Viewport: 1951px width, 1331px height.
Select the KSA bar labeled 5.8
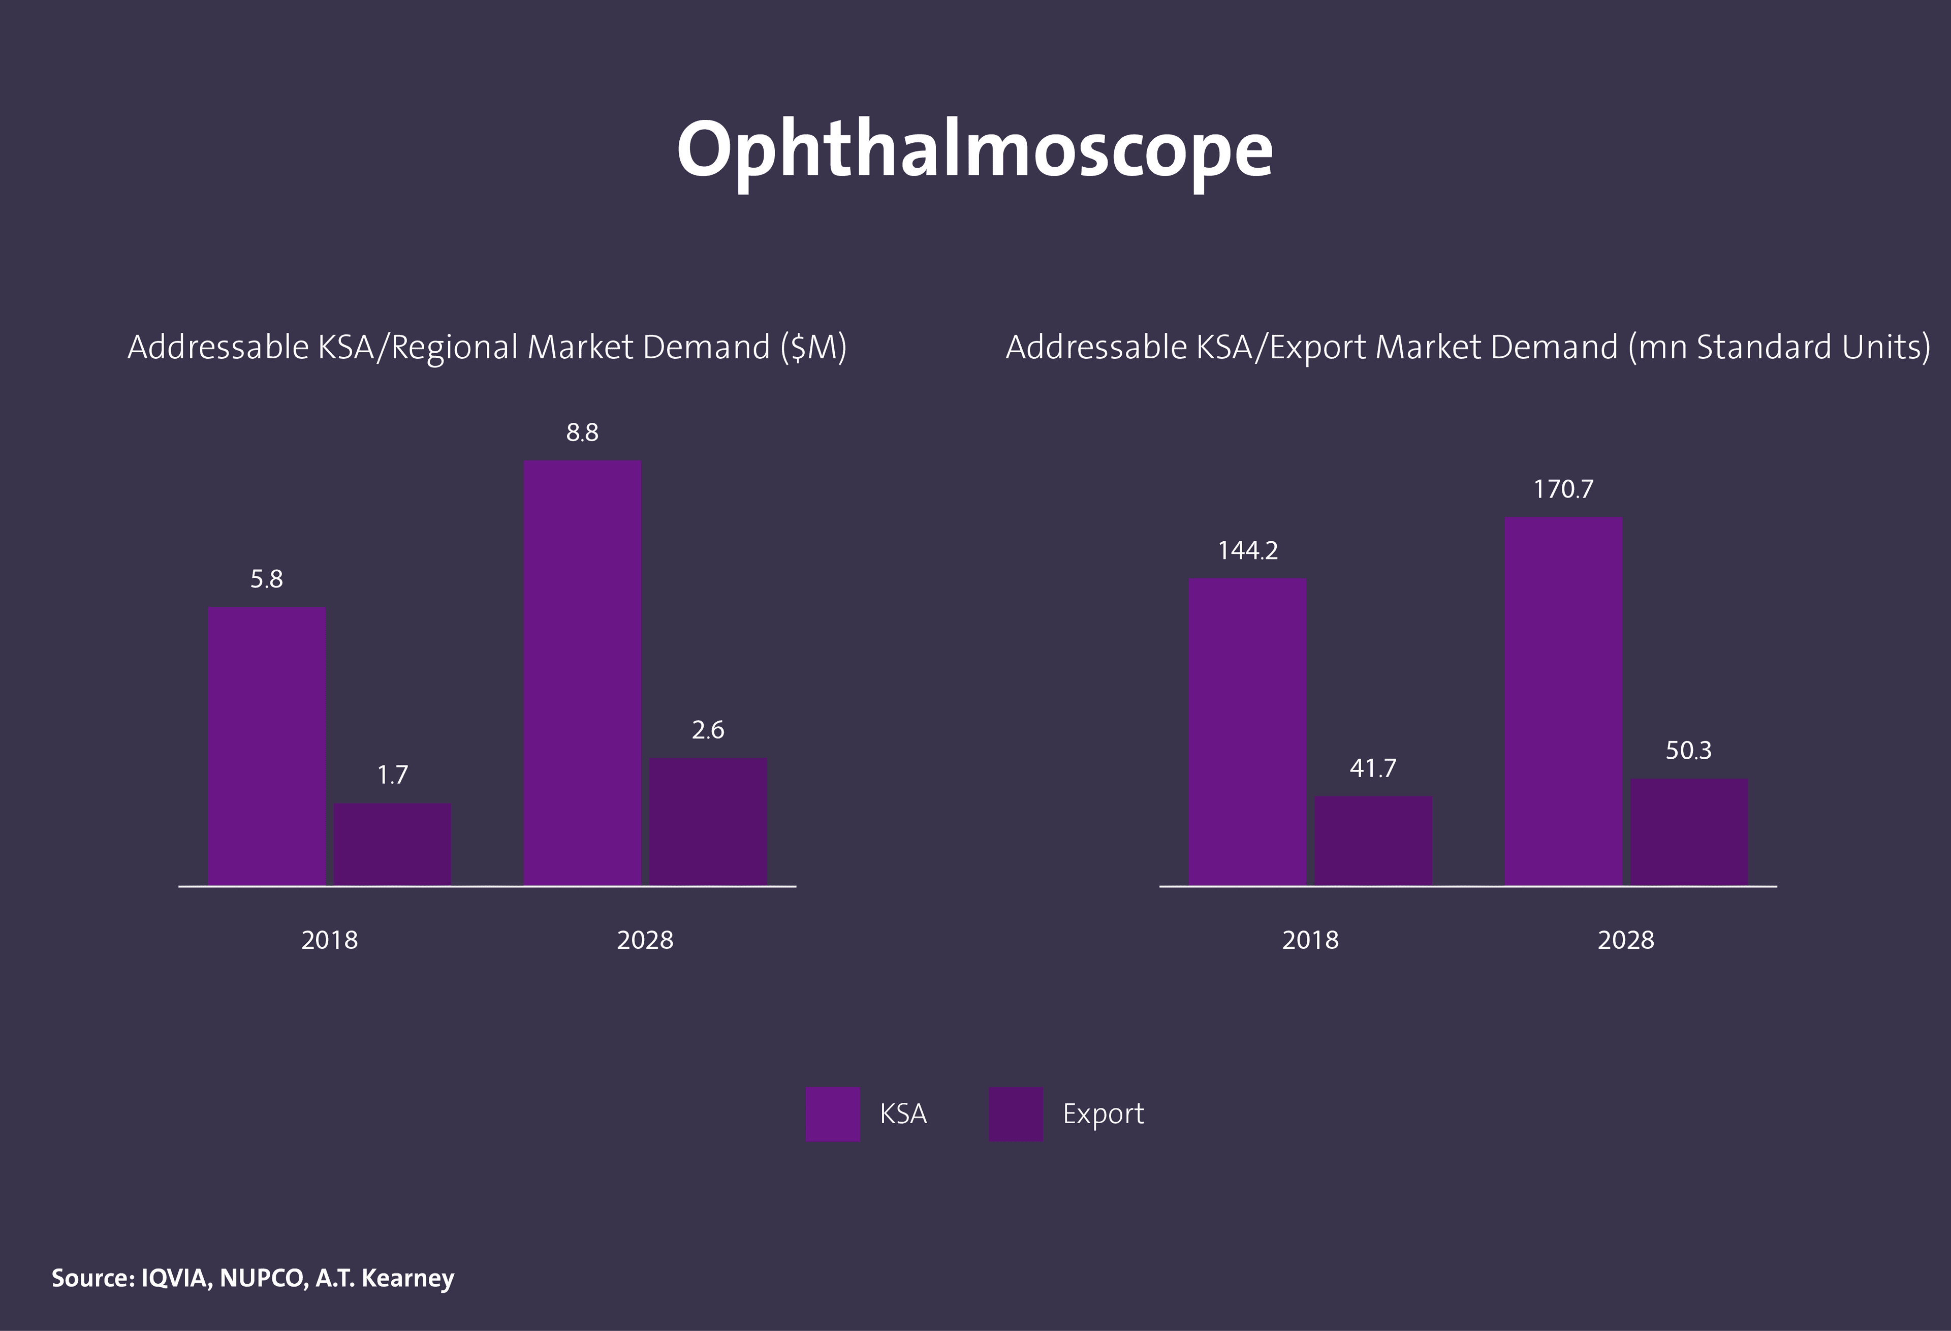(x=266, y=746)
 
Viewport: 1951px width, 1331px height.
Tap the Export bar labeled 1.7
(x=392, y=844)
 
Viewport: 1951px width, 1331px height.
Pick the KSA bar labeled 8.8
(x=582, y=672)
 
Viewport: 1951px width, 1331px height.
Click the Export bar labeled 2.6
(x=708, y=821)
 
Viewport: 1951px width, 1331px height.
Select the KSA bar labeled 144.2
(x=1247, y=731)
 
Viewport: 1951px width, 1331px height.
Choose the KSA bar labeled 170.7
(x=1563, y=701)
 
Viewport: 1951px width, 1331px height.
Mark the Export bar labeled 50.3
(x=1689, y=831)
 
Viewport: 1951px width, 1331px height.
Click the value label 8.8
(x=582, y=432)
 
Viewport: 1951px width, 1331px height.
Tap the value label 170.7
(x=1563, y=489)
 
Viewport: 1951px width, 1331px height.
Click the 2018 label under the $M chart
(x=329, y=940)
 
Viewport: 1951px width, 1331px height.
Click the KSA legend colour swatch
(x=832, y=1113)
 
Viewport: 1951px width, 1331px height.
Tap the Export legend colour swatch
(x=1016, y=1113)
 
